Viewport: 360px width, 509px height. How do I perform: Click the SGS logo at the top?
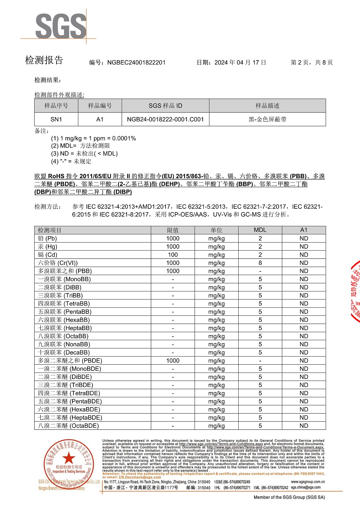[60, 26]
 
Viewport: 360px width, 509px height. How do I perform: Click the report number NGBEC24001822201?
[136, 62]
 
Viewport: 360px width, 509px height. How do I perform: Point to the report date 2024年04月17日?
[240, 62]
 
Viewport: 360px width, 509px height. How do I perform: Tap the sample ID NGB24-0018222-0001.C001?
[165, 119]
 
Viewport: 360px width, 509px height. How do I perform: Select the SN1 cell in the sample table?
[56, 119]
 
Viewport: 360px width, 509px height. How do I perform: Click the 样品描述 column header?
[267, 105]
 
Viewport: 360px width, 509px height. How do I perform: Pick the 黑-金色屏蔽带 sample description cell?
[267, 119]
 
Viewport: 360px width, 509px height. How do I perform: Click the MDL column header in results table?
[260, 230]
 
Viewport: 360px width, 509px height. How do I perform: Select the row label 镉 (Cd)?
[48, 254]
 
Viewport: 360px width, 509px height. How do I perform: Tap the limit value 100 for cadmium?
[173, 254]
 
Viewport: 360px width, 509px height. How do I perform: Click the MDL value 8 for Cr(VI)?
[260, 263]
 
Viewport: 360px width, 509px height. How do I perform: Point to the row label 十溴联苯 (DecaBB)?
[64, 352]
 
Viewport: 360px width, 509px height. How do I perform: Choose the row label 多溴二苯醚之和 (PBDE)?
[70, 361]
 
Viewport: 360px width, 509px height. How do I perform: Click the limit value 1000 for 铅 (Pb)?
[173, 238]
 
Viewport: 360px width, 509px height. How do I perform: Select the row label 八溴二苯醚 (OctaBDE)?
[68, 426]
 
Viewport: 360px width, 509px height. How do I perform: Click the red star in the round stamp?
[68, 458]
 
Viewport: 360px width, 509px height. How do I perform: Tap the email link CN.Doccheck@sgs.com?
[140, 477]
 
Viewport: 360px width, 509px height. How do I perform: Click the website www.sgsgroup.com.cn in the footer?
[308, 482]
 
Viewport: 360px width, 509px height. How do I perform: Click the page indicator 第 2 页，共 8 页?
[312, 62]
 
